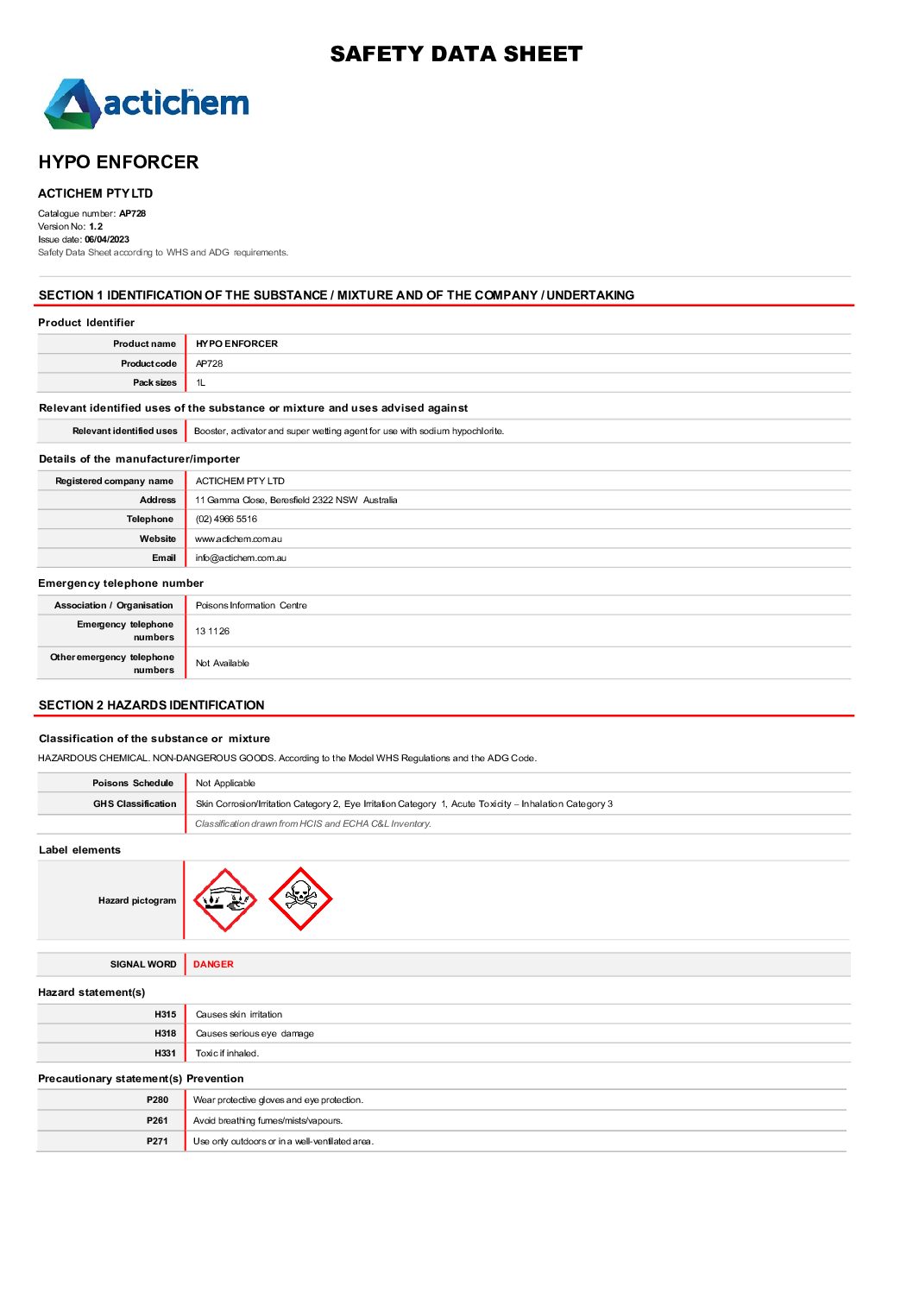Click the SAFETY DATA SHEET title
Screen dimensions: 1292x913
pos(456,54)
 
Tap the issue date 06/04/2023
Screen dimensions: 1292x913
pos(107,240)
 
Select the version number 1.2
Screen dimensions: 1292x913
pos(96,227)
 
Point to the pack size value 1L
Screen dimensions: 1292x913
pos(200,383)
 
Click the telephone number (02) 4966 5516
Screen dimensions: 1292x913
pos(226,520)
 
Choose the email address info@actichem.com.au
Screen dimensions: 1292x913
pos(241,558)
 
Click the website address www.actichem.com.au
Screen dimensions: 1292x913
pos(238,539)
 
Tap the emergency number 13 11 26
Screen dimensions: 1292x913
pos(212,632)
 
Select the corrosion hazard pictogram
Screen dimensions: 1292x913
pos(225,900)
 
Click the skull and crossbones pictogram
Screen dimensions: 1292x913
pos(300,899)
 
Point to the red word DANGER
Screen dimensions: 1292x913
pos(213,965)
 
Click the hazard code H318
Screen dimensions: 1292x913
pos(165,1034)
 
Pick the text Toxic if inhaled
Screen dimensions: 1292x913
pos(227,1054)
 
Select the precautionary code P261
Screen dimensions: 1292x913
pos(157,1121)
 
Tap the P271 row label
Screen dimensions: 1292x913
pos(157,1142)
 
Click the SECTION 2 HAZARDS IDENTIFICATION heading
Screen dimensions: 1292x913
pos(152,706)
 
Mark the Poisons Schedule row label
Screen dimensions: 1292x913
pos(133,784)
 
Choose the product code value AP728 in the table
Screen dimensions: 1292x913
pos(209,364)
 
